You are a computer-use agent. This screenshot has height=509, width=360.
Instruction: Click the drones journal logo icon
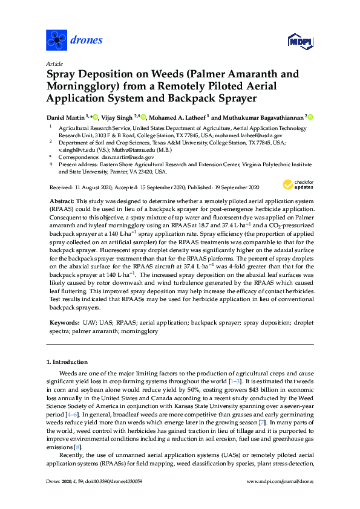coord(56,41)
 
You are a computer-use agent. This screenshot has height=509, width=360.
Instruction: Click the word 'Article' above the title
coord(54,63)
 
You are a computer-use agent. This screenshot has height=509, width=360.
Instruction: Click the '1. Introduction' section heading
coord(68,361)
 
